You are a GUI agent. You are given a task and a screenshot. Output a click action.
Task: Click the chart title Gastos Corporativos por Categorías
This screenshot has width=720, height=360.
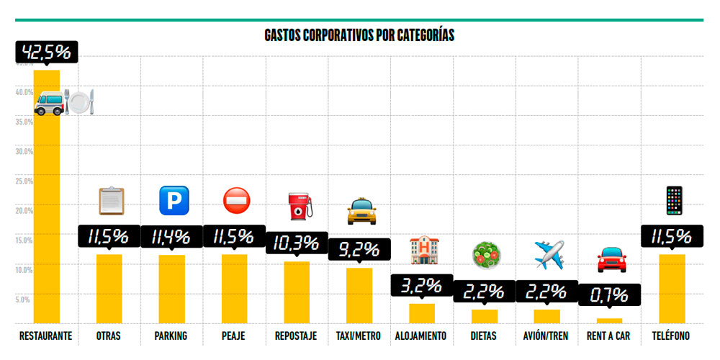359,35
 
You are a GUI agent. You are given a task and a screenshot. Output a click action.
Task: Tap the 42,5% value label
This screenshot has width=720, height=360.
46,52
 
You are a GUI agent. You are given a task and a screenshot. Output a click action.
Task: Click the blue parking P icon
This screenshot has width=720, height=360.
171,199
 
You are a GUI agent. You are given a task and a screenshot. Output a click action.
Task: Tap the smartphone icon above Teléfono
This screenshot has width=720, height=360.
673,200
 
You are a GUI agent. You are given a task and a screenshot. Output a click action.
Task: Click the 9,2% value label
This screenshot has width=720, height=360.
359,249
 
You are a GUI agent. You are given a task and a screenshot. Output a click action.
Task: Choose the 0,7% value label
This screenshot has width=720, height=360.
609,295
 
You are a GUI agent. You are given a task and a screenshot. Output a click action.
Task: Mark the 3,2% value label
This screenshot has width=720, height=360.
421,285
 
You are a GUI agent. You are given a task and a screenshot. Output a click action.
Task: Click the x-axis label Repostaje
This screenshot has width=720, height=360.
296,336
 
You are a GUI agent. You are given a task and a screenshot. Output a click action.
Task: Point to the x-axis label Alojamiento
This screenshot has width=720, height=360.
421,336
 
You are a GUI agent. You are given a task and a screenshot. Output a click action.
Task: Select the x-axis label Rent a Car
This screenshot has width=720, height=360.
609,336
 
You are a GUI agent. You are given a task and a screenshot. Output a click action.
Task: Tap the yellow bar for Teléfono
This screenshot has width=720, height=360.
672,288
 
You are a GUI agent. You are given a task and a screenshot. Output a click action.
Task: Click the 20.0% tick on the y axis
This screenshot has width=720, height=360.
24,210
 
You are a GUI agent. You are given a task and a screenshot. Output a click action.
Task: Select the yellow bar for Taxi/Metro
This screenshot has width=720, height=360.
359,295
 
